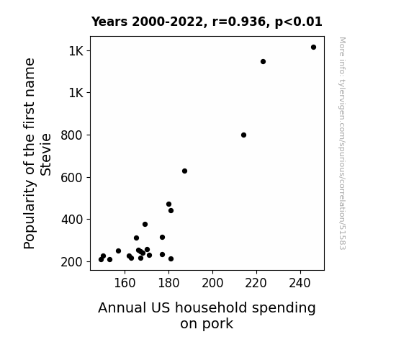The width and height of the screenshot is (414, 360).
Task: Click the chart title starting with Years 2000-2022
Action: point(207,22)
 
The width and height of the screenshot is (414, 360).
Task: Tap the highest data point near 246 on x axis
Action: point(313,48)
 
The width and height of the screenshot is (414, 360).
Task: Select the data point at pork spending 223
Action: point(263,61)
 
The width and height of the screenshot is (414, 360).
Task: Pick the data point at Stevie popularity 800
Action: point(243,135)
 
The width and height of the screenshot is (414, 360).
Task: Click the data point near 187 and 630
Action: point(184,171)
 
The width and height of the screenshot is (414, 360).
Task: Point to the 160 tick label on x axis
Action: point(125,283)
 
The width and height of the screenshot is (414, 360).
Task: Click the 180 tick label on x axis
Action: point(168,283)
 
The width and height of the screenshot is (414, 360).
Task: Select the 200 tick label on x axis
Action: point(212,283)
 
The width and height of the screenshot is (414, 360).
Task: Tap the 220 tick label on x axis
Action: point(256,283)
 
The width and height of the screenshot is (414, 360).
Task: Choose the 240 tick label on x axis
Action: point(300,283)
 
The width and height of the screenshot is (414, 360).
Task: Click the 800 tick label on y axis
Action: point(72,135)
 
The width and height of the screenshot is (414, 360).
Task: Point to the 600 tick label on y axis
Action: point(72,178)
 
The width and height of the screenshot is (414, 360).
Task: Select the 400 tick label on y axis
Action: point(72,220)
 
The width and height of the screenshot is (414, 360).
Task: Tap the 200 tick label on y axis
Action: point(72,262)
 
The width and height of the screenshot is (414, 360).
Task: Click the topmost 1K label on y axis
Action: point(76,50)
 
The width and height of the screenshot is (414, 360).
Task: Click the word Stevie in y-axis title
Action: point(45,155)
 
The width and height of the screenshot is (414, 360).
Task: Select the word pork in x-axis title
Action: point(207,324)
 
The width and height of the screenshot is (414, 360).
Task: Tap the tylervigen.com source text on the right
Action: point(342,143)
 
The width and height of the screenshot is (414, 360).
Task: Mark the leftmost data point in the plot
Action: point(101,260)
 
